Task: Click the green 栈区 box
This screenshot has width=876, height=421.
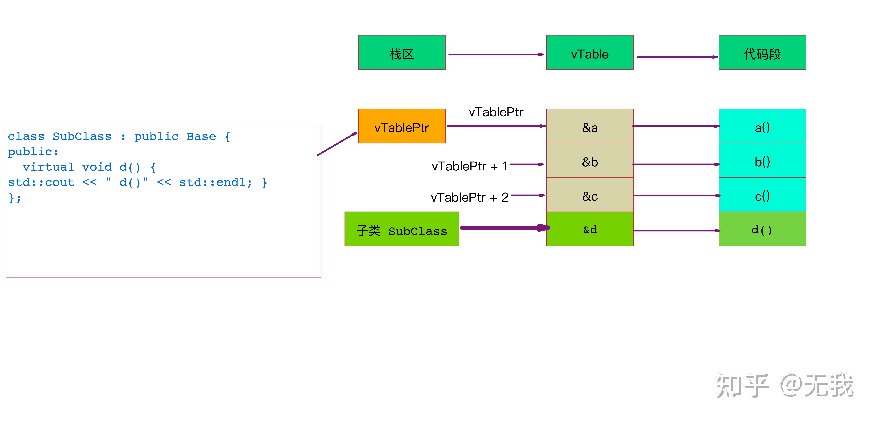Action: (402, 52)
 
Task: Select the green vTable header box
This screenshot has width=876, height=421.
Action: (590, 52)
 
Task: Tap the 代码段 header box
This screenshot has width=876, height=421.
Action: (762, 52)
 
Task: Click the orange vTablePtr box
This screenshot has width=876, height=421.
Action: (402, 126)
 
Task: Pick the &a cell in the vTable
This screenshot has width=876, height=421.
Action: (590, 126)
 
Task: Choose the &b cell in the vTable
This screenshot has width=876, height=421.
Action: (590, 161)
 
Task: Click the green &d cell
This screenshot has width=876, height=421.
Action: (590, 229)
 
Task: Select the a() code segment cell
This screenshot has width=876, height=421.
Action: (762, 126)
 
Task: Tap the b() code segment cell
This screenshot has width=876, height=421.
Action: (762, 161)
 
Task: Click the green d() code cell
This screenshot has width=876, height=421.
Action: (762, 229)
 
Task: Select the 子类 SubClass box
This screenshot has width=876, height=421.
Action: (402, 229)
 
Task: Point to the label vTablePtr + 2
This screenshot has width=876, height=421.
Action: (469, 197)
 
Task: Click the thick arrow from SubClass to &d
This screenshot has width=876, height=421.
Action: (505, 227)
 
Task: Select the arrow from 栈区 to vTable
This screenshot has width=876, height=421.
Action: (496, 54)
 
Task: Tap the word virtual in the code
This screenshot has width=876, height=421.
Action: (48, 167)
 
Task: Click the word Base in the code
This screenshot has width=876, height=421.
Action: (201, 136)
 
